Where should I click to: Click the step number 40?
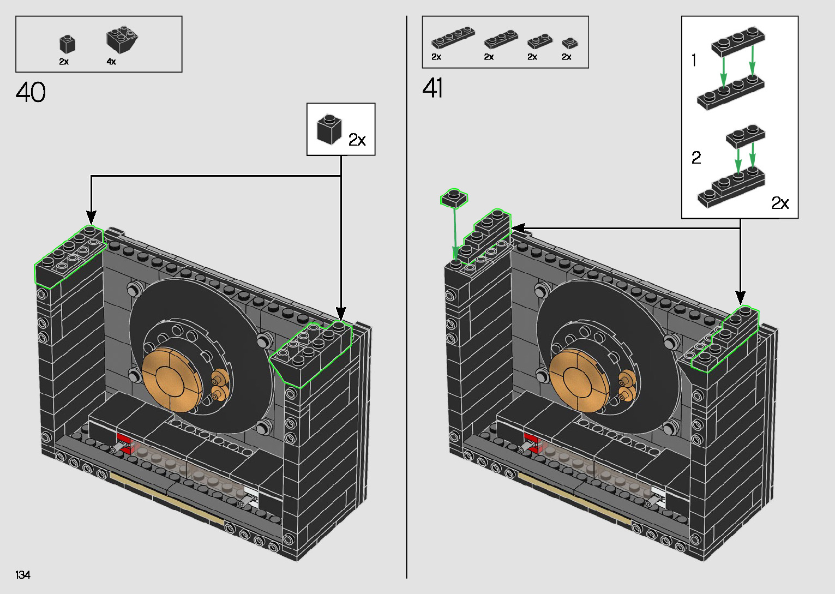click(31, 92)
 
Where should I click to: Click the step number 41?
click(432, 88)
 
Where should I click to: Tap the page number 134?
click(23, 574)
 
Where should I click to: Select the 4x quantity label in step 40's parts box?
click(111, 62)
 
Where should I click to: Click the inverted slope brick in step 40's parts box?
click(122, 39)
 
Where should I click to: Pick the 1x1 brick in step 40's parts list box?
click(67, 44)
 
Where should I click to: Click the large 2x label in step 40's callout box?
click(357, 140)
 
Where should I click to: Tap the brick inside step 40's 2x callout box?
click(329, 129)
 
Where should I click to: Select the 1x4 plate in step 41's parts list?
click(453, 37)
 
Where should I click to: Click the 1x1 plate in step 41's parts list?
click(569, 43)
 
